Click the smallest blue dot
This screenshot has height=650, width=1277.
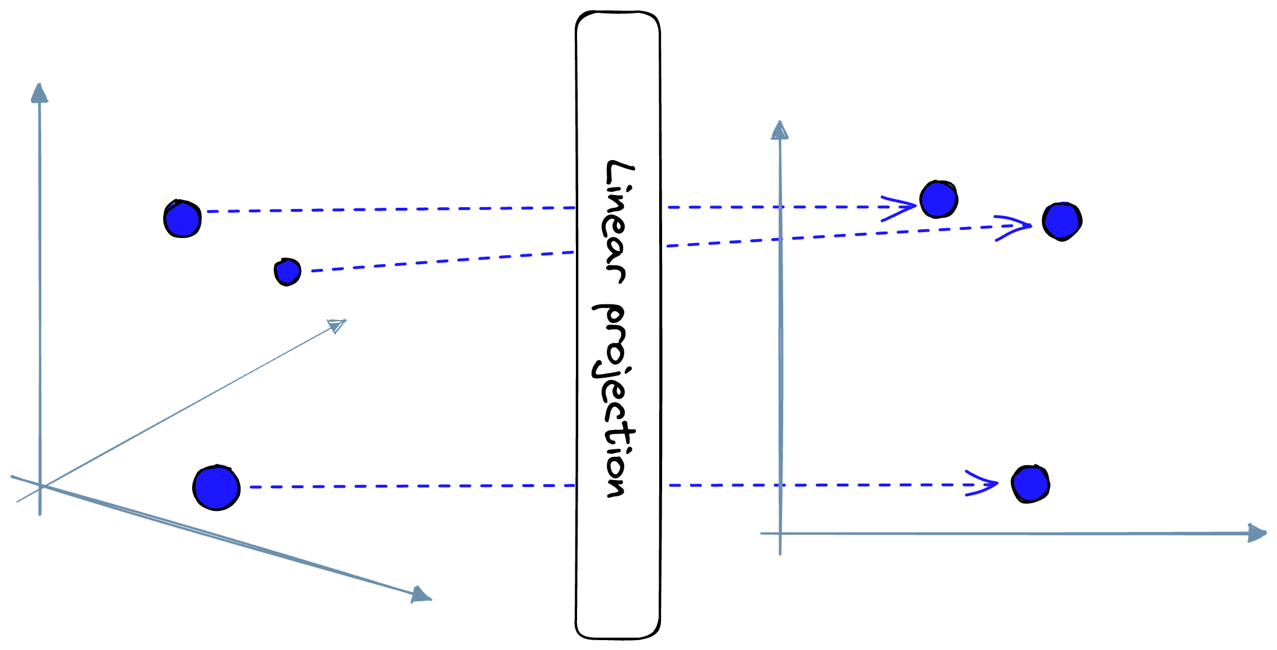coord(287,272)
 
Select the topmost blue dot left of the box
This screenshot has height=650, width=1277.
coord(182,219)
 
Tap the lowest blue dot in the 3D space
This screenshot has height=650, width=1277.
coord(217,488)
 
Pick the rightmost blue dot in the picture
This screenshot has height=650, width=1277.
coord(1062,221)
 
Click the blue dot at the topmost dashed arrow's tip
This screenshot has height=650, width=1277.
coord(938,200)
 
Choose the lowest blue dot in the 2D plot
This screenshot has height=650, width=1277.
coord(1030,484)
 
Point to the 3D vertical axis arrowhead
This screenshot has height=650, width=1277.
coord(39,93)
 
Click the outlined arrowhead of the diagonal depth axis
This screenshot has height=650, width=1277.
coord(338,325)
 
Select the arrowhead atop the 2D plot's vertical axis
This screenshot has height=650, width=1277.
coord(779,130)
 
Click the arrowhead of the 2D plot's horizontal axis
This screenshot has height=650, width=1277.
coord(1257,533)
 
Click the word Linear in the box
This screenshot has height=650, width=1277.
coord(617,221)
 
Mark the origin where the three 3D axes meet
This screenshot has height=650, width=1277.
coord(41,486)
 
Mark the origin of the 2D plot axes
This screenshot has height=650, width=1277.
coord(780,533)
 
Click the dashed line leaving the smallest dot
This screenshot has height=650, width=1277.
coord(443,261)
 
